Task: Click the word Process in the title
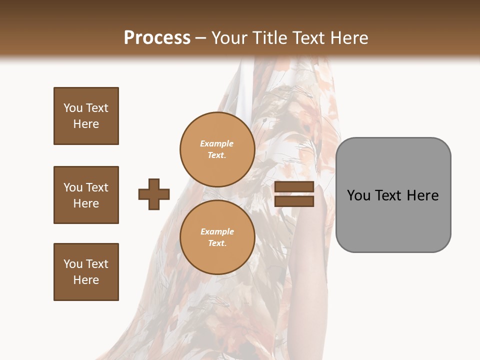(x=157, y=37)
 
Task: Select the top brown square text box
(x=86, y=116)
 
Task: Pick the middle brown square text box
(x=86, y=195)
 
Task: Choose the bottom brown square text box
(x=86, y=272)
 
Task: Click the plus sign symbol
(x=154, y=194)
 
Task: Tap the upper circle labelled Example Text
(x=217, y=149)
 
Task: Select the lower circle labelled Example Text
(x=217, y=237)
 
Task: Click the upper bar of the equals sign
(x=294, y=187)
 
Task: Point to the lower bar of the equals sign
(x=294, y=201)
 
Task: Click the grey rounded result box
(x=393, y=220)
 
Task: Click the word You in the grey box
(x=358, y=195)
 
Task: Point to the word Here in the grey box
(x=422, y=195)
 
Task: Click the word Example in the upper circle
(x=217, y=143)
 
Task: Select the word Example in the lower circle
(x=217, y=231)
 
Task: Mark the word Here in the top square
(x=86, y=124)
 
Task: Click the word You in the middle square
(x=72, y=187)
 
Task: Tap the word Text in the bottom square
(x=96, y=264)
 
